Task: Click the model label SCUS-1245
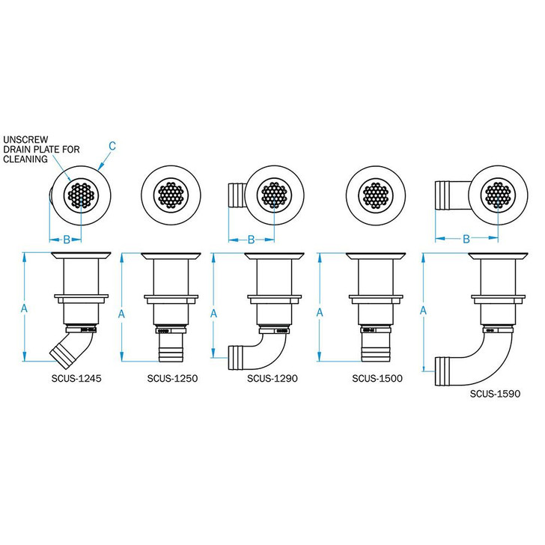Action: (x=76, y=379)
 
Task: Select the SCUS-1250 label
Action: (x=174, y=379)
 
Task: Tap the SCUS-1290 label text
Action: (x=272, y=379)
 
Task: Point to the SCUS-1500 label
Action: (x=377, y=379)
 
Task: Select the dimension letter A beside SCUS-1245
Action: (x=23, y=308)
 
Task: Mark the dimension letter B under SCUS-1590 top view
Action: (x=466, y=240)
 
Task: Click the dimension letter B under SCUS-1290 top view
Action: (x=251, y=240)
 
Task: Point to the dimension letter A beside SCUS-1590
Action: (x=424, y=310)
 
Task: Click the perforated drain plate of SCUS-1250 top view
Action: (x=172, y=195)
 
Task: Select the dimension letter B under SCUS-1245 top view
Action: (x=66, y=240)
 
